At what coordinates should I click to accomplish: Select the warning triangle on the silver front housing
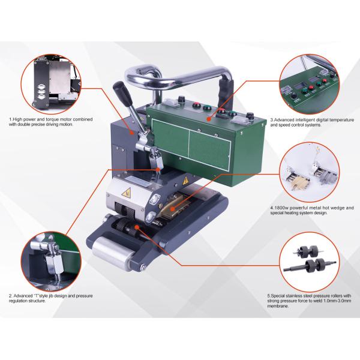127,193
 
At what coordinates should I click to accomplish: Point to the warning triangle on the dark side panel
185,181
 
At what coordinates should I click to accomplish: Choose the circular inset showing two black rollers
308,262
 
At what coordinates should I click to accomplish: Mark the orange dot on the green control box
209,119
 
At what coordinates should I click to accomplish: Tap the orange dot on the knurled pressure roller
137,227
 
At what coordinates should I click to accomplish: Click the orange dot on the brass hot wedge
173,209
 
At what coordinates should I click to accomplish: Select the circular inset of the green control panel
309,84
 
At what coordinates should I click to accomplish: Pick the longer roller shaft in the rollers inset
310,266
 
